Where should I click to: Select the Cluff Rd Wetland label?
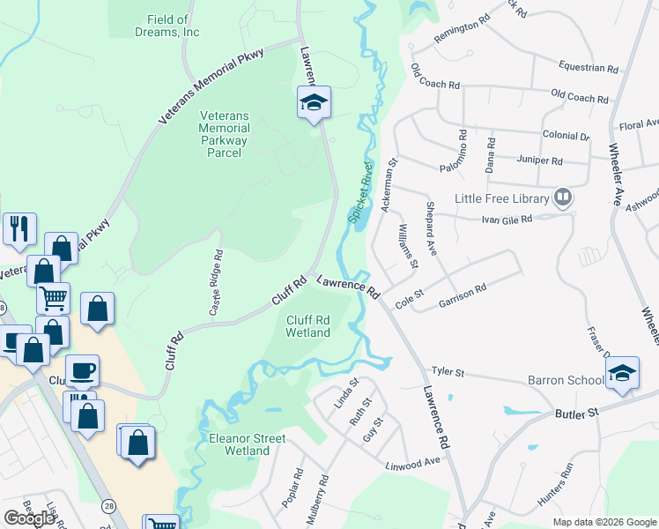pyautogui.click(x=308, y=326)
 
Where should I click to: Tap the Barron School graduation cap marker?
pyautogui.click(x=622, y=372)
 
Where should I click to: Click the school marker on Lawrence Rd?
pyautogui.click(x=313, y=103)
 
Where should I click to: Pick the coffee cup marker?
pyautogui.click(x=83, y=370)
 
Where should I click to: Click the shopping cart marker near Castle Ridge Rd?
pyautogui.click(x=54, y=297)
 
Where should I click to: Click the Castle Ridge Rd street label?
pyautogui.click(x=215, y=283)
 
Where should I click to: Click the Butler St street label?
pyautogui.click(x=576, y=413)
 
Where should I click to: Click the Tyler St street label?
pyautogui.click(x=447, y=372)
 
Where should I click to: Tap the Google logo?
pyautogui.click(x=30, y=518)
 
